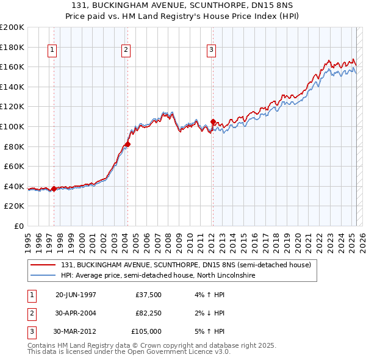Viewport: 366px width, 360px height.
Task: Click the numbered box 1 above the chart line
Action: click(x=52, y=51)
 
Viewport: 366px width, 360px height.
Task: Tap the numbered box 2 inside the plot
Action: click(x=126, y=51)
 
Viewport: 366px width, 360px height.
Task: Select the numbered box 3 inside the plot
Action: click(x=211, y=51)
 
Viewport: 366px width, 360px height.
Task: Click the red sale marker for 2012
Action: click(x=213, y=121)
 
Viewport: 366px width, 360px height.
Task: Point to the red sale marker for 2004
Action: click(x=128, y=144)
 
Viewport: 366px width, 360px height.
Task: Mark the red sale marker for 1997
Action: click(x=54, y=189)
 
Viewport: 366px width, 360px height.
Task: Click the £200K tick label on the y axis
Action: click(x=12, y=27)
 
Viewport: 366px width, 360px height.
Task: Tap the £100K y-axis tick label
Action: click(x=12, y=126)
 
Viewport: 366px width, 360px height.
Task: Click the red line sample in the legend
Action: click(x=44, y=265)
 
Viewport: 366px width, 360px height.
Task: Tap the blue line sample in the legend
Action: click(x=44, y=275)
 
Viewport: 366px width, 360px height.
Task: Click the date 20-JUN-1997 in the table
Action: click(x=76, y=295)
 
